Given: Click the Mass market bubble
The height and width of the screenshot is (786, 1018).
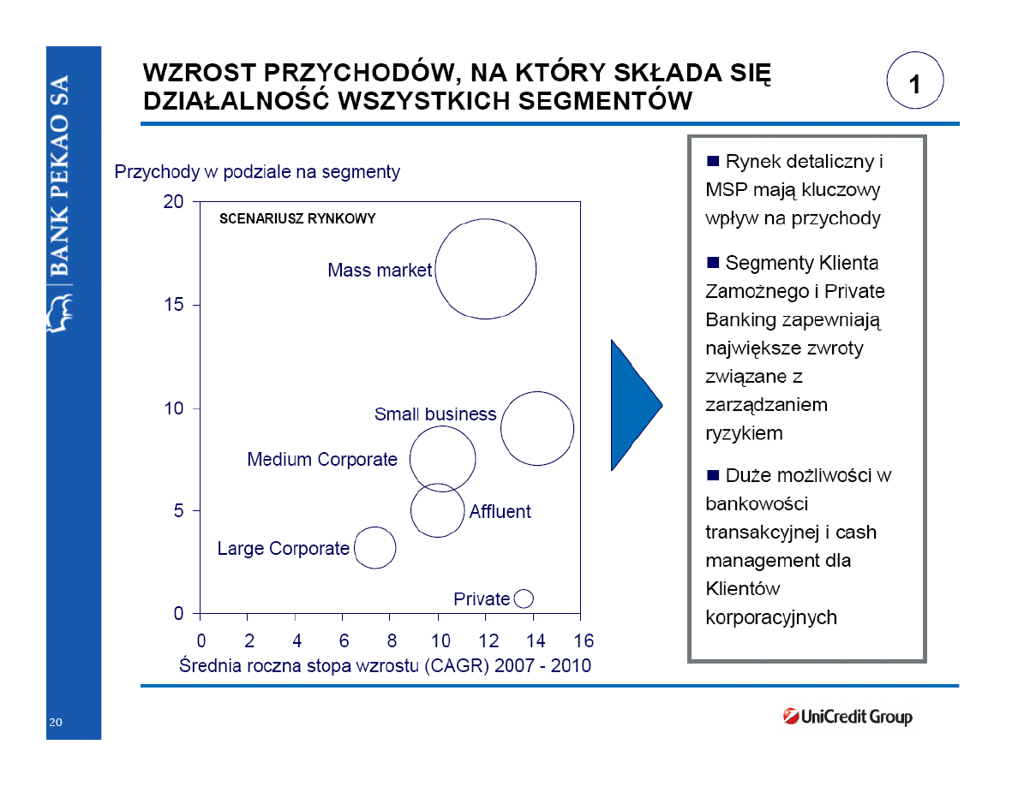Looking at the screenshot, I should click(486, 269).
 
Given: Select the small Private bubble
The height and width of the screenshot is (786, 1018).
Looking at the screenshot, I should click(524, 598).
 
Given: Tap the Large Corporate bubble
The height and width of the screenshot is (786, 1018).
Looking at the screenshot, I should click(374, 548).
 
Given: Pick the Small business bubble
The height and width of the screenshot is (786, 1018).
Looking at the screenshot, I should click(537, 429).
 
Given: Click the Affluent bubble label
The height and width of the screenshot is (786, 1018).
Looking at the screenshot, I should click(500, 512).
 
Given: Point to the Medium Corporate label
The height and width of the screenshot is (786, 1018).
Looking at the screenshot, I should click(322, 460).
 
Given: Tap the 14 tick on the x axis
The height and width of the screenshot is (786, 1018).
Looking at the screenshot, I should click(535, 641).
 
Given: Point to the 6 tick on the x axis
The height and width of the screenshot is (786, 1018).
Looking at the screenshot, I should click(344, 641).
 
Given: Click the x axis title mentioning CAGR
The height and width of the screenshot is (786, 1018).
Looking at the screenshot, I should click(385, 665).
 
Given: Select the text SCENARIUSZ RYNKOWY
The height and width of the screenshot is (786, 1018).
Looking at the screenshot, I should click(297, 219).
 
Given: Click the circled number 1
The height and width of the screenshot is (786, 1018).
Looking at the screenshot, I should click(914, 84).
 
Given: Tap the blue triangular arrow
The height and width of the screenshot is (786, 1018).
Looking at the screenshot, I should click(632, 405).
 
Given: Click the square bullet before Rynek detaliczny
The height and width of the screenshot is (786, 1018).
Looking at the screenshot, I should click(712, 161).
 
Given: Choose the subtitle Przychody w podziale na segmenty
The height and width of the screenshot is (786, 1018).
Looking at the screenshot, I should click(257, 172).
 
